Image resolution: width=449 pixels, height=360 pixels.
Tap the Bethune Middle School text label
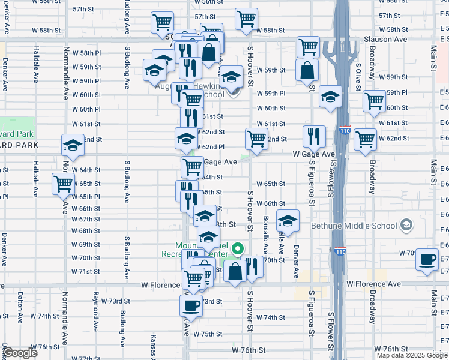pos(354,226)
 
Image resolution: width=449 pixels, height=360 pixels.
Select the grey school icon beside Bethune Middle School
pos(407,225)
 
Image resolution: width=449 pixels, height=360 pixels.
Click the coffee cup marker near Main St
pos(427,259)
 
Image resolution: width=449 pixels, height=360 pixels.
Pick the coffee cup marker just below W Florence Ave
pos(191,305)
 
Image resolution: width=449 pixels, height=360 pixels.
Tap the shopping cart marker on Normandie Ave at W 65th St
pos(63,184)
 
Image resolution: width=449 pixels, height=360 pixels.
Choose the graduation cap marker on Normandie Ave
pos(73,146)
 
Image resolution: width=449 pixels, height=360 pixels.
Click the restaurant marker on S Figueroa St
pos(313,137)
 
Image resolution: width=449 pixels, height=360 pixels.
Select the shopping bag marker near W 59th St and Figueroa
pos(307,70)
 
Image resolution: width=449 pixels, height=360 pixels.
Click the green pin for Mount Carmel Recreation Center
pos(238,247)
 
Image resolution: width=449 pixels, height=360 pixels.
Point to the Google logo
pos(20,353)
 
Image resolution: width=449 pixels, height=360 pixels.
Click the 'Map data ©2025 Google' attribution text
pos(412,355)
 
